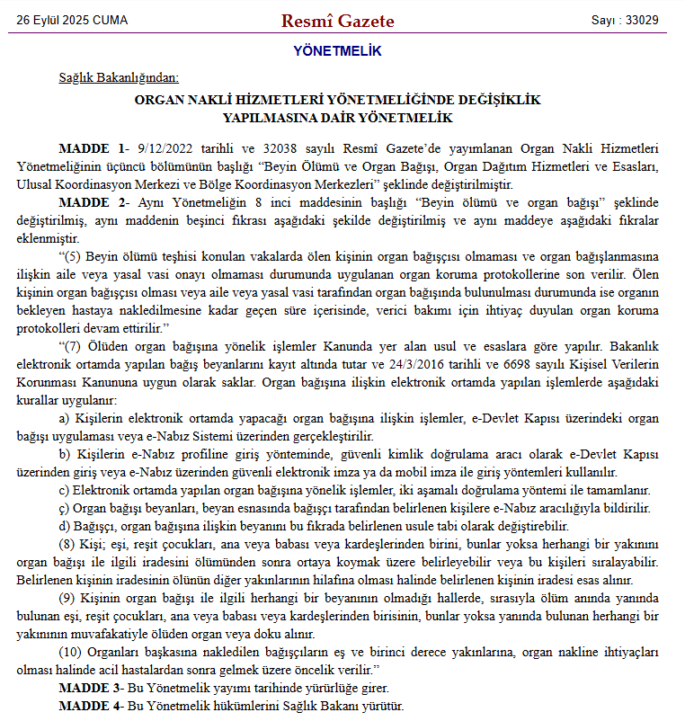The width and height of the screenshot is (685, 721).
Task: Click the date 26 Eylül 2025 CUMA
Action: pos(72,20)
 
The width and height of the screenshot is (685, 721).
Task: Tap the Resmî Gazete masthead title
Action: pos(337,20)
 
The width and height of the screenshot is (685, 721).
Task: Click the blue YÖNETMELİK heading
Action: pos(337,51)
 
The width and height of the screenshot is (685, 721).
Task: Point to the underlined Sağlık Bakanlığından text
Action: pos(119,77)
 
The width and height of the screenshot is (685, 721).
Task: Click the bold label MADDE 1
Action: pos(90,147)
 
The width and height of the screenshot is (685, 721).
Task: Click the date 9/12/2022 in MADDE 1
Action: pos(162,147)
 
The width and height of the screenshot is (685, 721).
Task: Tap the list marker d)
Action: pos(64,526)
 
